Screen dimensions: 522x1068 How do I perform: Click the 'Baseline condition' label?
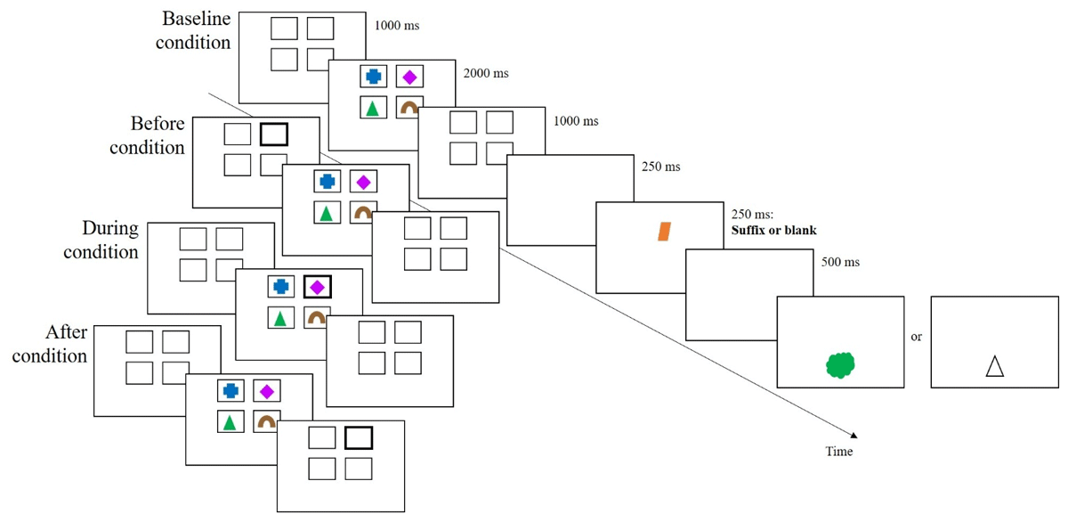point(193,29)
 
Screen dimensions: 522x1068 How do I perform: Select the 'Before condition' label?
point(147,135)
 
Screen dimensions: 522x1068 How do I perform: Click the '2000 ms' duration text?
point(486,73)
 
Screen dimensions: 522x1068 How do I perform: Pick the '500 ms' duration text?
point(834,262)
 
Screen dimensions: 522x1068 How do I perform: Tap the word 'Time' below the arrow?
point(838,452)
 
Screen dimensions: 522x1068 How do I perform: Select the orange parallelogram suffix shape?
point(664,232)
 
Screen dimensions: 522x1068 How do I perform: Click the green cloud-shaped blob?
point(840,365)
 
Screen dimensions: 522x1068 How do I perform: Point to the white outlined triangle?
point(994,366)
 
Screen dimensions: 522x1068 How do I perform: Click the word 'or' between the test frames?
point(916,338)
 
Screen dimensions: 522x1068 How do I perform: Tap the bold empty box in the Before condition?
point(274,135)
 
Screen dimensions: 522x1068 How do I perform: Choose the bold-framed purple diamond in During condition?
point(317,287)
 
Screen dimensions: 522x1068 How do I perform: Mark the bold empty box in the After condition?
point(359,437)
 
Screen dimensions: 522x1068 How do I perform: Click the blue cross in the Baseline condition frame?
point(373,77)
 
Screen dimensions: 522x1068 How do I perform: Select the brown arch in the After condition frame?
point(266,421)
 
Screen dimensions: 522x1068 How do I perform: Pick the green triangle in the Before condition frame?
point(327,213)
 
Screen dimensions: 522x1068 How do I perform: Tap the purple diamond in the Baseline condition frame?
point(409,77)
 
